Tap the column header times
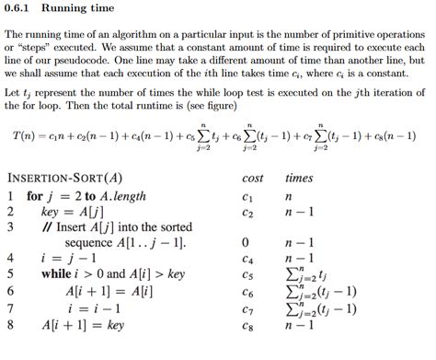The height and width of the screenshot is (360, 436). [299, 178]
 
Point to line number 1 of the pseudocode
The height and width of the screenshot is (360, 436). [10, 196]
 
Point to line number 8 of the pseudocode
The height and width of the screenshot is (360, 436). [10, 325]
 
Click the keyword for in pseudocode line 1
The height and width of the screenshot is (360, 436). [35, 196]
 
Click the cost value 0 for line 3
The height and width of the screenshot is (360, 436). [247, 241]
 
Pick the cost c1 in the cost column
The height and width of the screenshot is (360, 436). [247, 197]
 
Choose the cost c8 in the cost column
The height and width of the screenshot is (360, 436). [247, 325]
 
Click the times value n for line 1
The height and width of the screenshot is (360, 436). [289, 197]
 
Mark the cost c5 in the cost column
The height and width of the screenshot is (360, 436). [247, 274]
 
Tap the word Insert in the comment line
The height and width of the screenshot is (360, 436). [79, 226]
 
